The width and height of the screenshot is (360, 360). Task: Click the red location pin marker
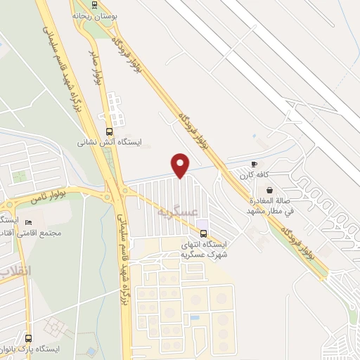click(181, 165)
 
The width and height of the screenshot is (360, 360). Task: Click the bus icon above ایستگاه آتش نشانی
click(108, 131)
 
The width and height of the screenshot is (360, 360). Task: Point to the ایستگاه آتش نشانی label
click(109, 142)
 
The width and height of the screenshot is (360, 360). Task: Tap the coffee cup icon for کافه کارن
click(254, 164)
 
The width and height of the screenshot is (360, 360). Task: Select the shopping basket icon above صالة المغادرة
click(269, 189)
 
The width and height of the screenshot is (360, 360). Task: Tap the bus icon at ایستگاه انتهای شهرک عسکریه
click(203, 233)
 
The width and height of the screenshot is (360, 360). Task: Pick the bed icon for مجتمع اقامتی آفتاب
click(28, 222)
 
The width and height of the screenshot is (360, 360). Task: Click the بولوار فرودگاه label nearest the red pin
click(194, 127)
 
